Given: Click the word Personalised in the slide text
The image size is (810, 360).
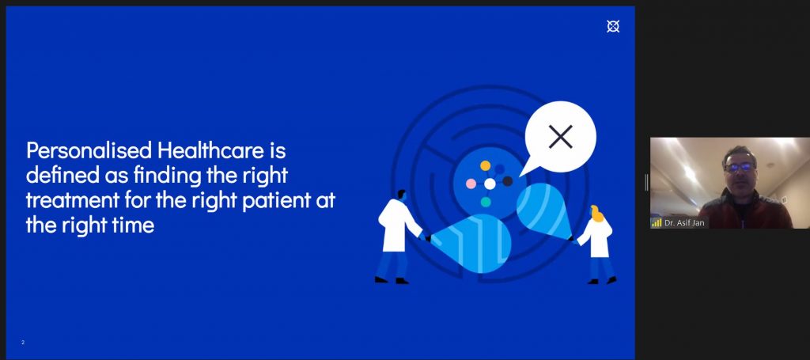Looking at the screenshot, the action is [89, 151].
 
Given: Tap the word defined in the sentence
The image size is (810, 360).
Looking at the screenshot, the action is [59, 176].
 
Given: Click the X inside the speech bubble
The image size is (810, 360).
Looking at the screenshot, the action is [561, 137].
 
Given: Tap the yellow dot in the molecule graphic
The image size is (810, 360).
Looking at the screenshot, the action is [485, 166].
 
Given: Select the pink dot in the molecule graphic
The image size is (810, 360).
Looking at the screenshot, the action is [471, 184].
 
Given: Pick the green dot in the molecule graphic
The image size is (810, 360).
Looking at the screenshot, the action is [486, 202].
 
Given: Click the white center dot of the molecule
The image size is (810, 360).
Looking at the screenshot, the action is [490, 184].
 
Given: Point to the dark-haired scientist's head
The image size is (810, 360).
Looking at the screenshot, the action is [401, 195].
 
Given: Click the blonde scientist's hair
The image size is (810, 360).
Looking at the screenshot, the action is [596, 213].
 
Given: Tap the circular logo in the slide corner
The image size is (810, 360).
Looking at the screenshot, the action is [613, 26].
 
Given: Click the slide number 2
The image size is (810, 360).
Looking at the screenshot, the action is [23, 343].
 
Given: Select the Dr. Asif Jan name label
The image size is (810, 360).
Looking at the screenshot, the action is [685, 223].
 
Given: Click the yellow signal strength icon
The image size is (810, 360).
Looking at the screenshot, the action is [657, 222].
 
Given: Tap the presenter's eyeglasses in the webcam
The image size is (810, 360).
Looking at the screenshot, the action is [739, 167].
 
